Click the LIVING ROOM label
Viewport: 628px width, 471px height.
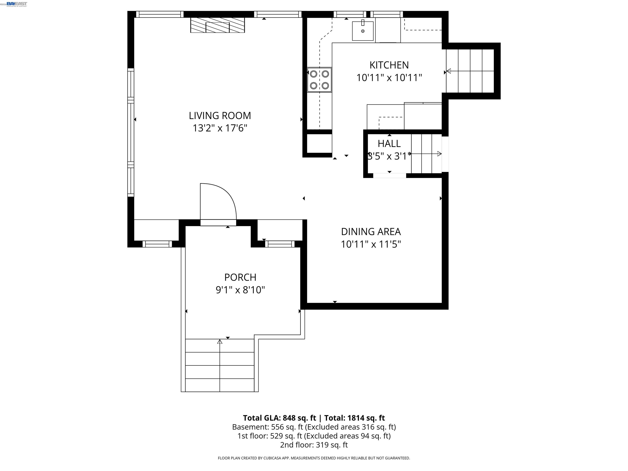click(220, 116)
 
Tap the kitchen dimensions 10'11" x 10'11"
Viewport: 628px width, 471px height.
click(389, 77)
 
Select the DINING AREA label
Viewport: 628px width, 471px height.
click(371, 232)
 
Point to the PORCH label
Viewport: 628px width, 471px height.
click(240, 277)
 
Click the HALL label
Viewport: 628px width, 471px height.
click(389, 144)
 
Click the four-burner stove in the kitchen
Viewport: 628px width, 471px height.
click(319, 80)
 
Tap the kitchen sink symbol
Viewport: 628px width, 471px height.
click(362, 31)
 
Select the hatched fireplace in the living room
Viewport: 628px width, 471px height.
click(218, 25)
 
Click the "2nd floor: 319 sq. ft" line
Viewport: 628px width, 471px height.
click(314, 445)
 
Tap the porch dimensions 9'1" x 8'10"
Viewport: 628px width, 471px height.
click(240, 290)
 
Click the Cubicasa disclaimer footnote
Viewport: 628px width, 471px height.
click(314, 458)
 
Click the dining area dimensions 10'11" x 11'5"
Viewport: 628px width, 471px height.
click(371, 244)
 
